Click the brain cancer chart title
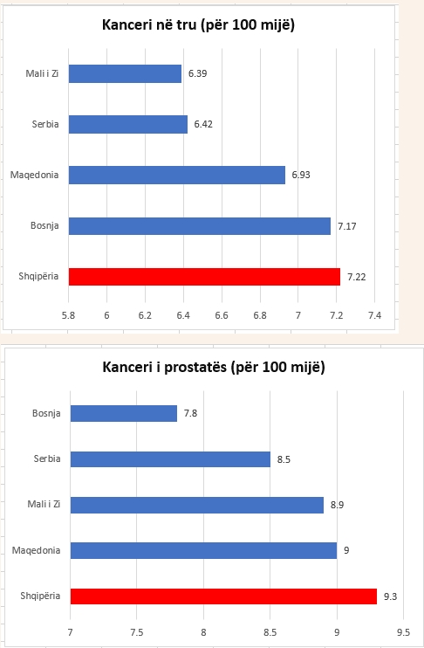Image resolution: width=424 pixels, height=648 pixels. click(199, 26)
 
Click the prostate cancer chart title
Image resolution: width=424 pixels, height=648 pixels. click(214, 367)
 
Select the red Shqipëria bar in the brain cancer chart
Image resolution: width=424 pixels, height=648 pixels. click(204, 277)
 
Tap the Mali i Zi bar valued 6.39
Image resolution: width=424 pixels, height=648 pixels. click(125, 74)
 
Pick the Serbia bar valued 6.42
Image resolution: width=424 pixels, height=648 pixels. click(127, 125)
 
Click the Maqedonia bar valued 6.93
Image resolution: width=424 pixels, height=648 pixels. click(176, 175)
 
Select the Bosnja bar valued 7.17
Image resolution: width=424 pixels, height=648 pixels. click(199, 226)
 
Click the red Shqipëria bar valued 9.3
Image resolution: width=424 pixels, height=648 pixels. click(223, 596)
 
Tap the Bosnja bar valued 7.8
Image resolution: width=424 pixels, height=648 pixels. click(123, 413)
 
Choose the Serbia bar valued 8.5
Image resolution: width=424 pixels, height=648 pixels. click(170, 459)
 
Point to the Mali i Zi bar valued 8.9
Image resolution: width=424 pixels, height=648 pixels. click(196, 505)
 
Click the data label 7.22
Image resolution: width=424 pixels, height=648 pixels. click(356, 277)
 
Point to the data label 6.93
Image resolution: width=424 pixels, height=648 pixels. click(301, 176)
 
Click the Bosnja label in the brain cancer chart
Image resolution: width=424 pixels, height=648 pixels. click(44, 226)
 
